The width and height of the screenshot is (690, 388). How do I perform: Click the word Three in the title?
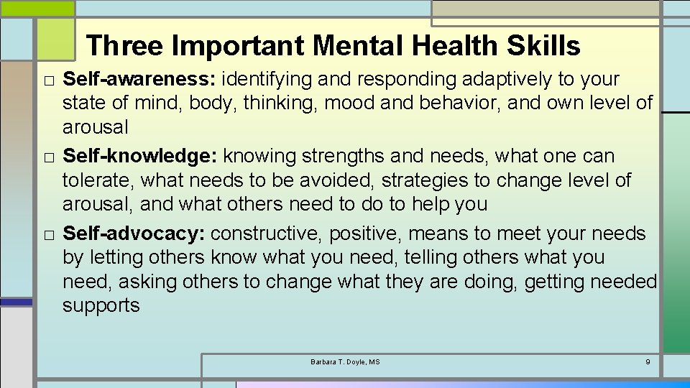click(x=124, y=46)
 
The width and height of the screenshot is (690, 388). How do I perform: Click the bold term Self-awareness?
click(x=139, y=78)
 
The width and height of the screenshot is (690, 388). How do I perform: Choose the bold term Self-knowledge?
click(x=140, y=156)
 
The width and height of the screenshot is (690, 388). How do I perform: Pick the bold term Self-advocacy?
click(x=134, y=234)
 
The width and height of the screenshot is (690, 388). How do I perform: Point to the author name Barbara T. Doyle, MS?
click(x=345, y=361)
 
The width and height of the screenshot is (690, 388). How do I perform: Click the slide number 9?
click(x=648, y=361)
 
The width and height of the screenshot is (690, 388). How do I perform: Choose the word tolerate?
click(x=98, y=180)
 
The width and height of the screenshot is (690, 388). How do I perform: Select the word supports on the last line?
click(x=101, y=305)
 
